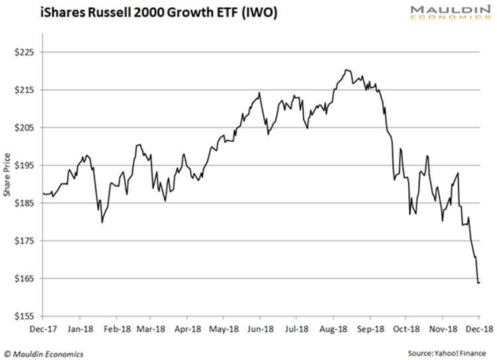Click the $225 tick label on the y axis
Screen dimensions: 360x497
[27, 52]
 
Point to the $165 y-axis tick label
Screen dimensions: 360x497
[27, 278]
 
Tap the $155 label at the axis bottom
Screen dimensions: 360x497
[27, 316]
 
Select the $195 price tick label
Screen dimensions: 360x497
[27, 165]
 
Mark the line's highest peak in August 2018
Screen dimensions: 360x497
[346, 70]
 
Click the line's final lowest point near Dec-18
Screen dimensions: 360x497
[478, 283]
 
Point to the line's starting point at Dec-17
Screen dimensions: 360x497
[42, 193]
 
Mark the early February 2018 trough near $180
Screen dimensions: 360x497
[102, 222]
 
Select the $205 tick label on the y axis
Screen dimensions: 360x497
[27, 127]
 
